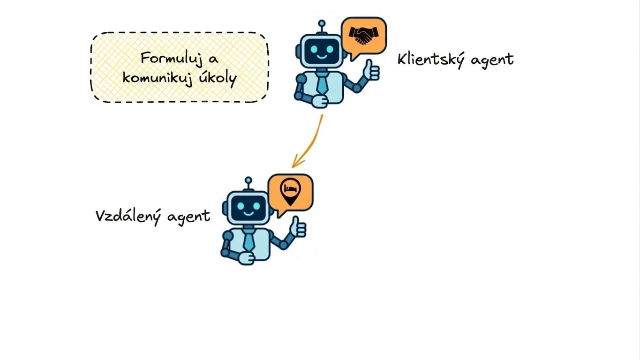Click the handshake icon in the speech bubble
pyautogui.click(x=363, y=36)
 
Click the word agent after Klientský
pyautogui.click(x=492, y=61)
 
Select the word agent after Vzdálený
pyautogui.click(x=188, y=217)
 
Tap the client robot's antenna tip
pyautogui.click(x=322, y=23)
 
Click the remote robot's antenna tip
pyautogui.click(x=248, y=180)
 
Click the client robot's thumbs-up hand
pyautogui.click(x=372, y=71)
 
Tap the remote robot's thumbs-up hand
pyautogui.click(x=298, y=228)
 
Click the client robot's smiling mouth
pyautogui.click(x=322, y=56)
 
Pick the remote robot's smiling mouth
pyautogui.click(x=248, y=213)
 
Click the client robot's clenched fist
pyautogui.click(x=319, y=101)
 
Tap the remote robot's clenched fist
pyautogui.click(x=246, y=259)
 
